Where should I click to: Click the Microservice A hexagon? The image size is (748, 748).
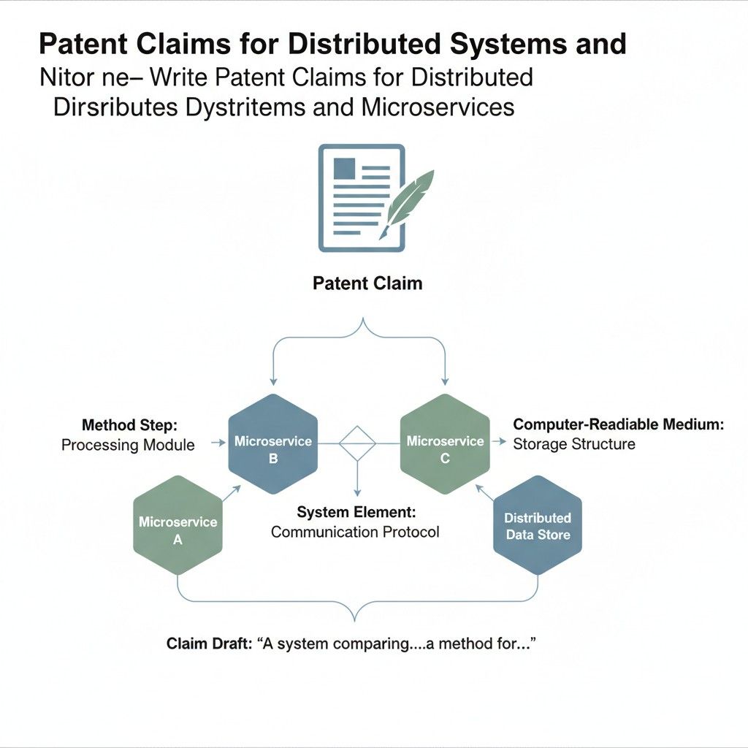tap(178, 524)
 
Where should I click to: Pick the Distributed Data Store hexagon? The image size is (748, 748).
tap(538, 524)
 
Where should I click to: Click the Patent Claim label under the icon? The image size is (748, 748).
tap(367, 283)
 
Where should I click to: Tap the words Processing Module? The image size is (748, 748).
tap(128, 445)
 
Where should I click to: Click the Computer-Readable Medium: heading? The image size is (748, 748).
tap(618, 424)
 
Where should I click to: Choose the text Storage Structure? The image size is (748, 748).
tap(574, 444)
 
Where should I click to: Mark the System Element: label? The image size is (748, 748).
tap(356, 513)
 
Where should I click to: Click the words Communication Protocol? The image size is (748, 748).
tap(355, 532)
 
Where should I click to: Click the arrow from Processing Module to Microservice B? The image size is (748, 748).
tap(217, 443)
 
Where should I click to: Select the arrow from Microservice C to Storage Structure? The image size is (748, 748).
tap(500, 443)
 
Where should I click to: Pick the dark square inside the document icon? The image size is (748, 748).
tap(344, 169)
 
